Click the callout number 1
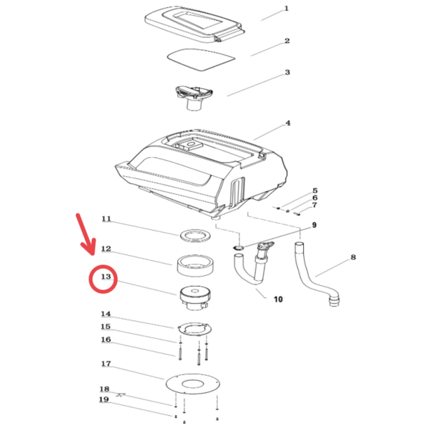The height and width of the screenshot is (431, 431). [x=287, y=9]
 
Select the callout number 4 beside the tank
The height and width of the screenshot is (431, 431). [x=288, y=123]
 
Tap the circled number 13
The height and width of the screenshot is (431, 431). [x=106, y=277]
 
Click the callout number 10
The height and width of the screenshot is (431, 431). [x=278, y=299]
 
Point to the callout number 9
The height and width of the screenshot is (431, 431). [x=314, y=225]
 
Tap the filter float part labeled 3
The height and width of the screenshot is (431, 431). [x=195, y=98]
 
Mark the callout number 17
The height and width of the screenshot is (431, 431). [x=106, y=363]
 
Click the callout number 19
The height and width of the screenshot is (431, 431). [x=104, y=399]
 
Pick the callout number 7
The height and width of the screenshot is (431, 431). [x=315, y=205]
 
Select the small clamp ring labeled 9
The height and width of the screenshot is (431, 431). [x=238, y=248]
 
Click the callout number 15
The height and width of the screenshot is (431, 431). [x=106, y=327]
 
